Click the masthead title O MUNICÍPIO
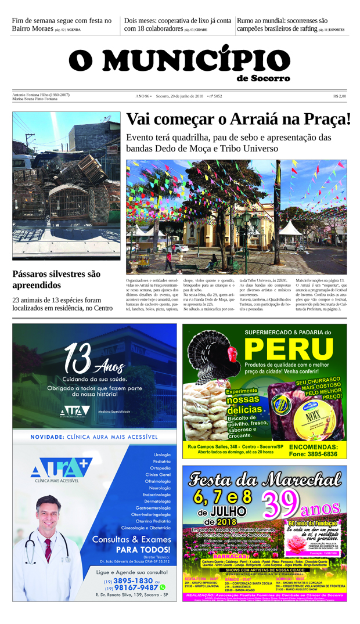pos(179,60)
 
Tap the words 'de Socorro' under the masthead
pos(263,78)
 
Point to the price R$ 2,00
pos(340,96)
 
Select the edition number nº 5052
pos(215,96)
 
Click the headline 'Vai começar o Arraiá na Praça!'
pos(239,120)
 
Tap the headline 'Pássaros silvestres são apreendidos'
pos(56,279)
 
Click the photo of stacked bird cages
pos(66,185)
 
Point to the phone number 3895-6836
pos(313,454)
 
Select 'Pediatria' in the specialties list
pos(161,461)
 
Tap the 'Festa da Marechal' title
pos(265,479)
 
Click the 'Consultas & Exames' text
pos(131,539)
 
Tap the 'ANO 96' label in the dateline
pos(143,96)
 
